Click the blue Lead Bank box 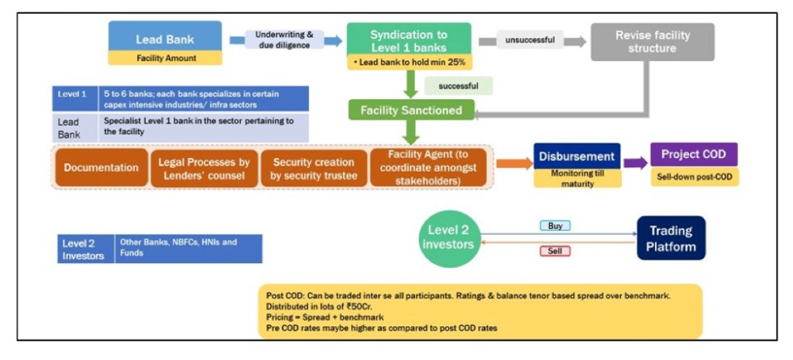tap(165, 37)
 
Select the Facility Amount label tap(165, 58)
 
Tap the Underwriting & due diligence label tap(284, 39)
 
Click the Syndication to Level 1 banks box tap(408, 39)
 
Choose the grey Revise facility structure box tap(652, 42)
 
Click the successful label tap(458, 84)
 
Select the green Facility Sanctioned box tap(410, 110)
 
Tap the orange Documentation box tap(101, 167)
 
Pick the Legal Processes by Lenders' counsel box tap(204, 167)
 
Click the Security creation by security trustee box tap(313, 167)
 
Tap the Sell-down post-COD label tap(694, 177)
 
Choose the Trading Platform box tap(671, 238)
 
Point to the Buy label tap(554, 226)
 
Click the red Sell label tap(554, 251)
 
